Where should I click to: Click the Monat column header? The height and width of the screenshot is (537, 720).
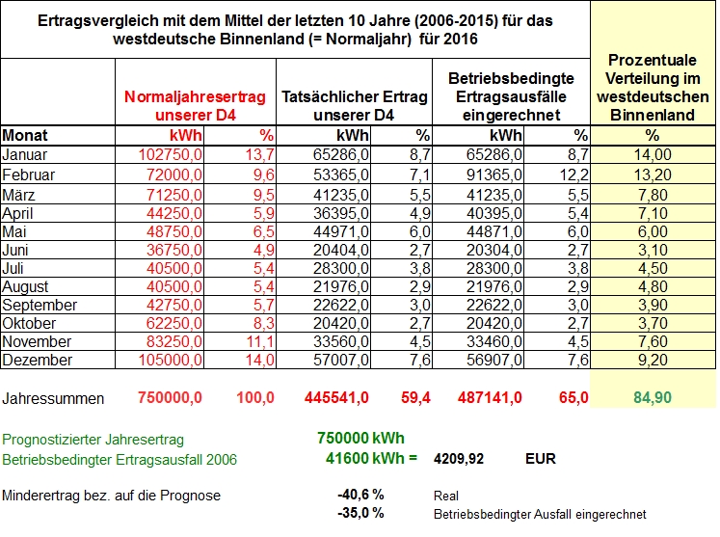pos(25,136)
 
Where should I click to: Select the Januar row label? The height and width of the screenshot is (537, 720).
pos(24,155)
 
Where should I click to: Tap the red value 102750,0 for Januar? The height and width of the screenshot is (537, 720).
pos(171,155)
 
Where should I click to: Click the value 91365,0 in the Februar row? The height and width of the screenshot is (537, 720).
pos(494,175)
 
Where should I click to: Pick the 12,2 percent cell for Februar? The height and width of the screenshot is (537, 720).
pos(574,175)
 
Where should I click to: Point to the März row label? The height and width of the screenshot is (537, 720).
pos(18,195)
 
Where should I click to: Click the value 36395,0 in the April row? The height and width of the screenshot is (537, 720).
pos(341,213)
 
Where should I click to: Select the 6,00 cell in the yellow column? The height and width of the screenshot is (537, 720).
pos(652,231)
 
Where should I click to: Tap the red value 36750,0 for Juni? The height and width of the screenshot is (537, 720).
pos(174,250)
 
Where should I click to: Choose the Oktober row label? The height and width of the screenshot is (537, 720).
pos(29,323)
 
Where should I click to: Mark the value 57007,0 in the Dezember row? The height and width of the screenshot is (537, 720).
pos(341,361)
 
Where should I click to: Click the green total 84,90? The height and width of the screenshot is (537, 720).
pos(652,397)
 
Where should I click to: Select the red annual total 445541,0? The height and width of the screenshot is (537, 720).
pos(336,397)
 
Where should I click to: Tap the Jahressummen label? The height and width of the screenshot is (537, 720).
pos(53,398)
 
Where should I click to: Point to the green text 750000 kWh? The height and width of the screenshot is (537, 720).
pos(360,439)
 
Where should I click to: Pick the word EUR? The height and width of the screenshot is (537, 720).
pos(541,459)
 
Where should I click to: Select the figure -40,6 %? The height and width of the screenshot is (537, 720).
pos(360,495)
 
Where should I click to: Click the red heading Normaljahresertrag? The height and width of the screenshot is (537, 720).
pos(195,97)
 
